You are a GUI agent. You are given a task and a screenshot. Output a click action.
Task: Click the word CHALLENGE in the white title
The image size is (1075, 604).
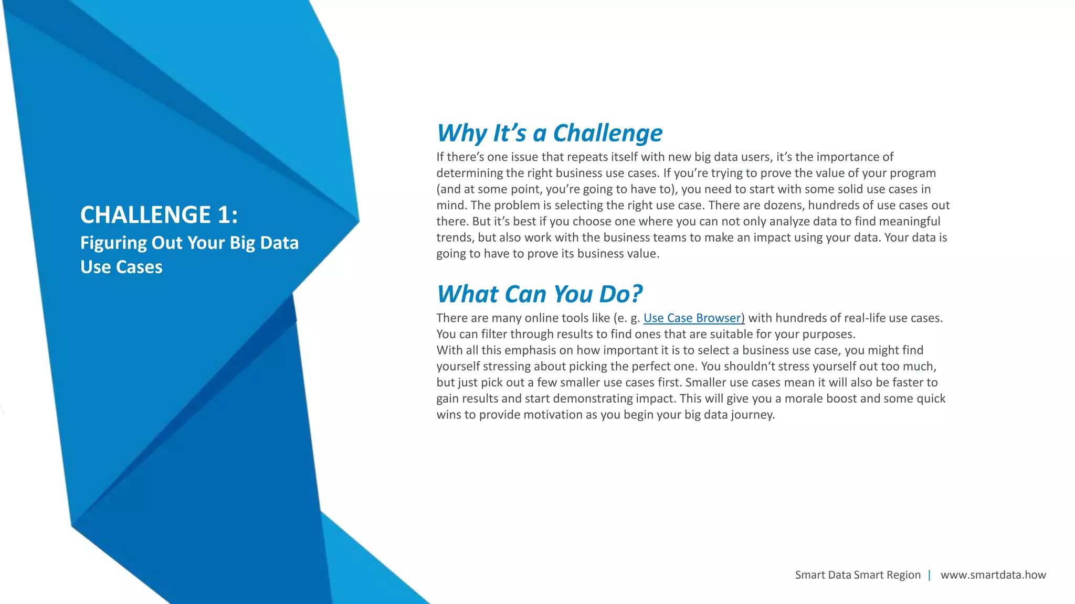145,215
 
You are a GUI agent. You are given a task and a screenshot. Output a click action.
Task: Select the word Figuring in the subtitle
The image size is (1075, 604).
113,243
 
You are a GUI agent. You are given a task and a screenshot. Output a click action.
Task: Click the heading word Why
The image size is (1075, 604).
462,134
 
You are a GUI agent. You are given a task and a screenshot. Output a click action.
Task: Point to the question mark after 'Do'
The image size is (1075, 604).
636,294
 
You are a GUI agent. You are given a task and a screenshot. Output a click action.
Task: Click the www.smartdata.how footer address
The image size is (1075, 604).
993,575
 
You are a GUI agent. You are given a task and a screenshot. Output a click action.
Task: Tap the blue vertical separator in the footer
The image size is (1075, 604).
930,575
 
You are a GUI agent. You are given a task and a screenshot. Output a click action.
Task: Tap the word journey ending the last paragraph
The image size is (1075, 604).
752,415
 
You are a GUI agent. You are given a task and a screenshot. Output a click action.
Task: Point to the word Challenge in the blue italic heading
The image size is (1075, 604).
608,134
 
